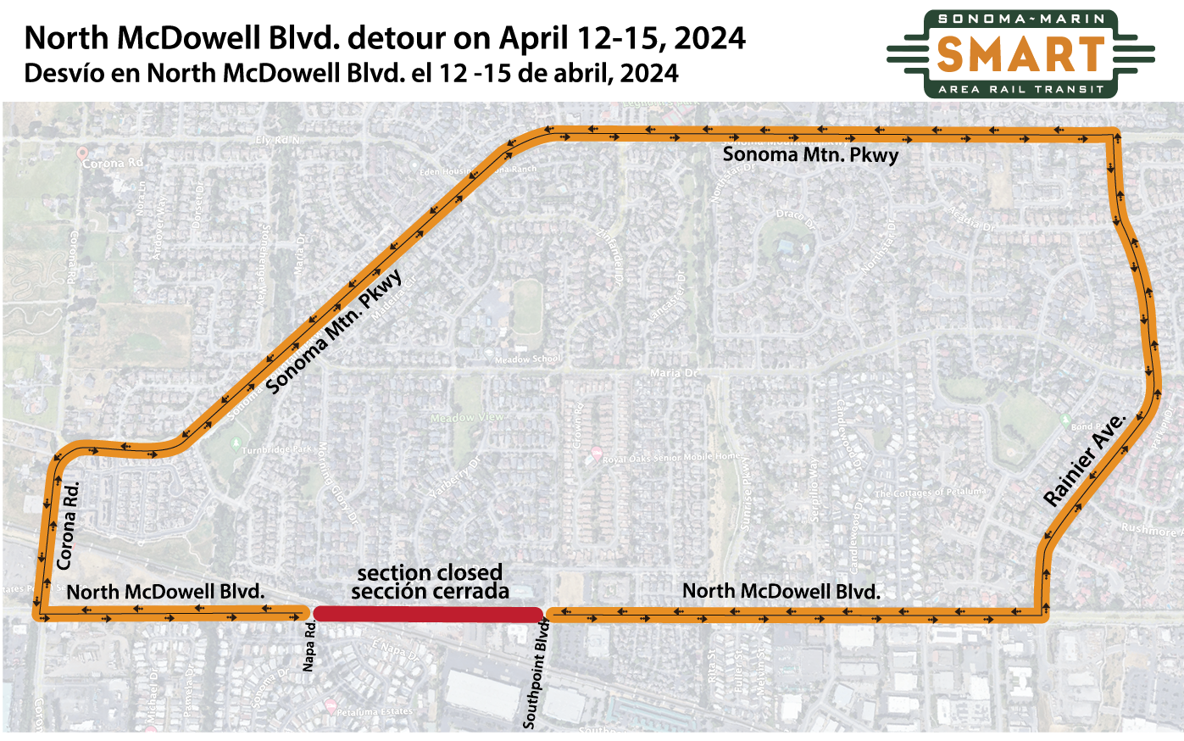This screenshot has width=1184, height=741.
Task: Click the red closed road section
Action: [x=428, y=614]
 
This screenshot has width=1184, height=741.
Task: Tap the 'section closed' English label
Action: [x=430, y=572]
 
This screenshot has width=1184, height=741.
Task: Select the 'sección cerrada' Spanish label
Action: [x=430, y=592]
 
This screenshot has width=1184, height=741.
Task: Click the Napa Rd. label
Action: [x=309, y=646]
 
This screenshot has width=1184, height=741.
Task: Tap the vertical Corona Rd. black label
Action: [x=67, y=526]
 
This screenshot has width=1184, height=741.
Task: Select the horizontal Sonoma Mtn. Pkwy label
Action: [x=810, y=154]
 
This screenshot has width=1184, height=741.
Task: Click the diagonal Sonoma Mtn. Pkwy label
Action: [x=335, y=331]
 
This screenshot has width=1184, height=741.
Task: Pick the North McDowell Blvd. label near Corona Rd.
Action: [x=165, y=592]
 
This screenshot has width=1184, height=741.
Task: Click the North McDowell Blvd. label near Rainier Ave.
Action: [x=781, y=591]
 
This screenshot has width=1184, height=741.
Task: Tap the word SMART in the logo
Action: [x=1021, y=54]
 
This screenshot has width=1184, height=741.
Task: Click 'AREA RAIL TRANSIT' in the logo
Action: [x=1021, y=89]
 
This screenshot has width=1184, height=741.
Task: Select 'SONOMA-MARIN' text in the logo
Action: [x=1021, y=19]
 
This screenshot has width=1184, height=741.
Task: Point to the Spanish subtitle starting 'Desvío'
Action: [x=351, y=73]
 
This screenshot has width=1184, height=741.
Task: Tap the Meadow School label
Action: [x=527, y=359]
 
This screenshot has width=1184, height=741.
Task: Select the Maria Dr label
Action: [x=675, y=373]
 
